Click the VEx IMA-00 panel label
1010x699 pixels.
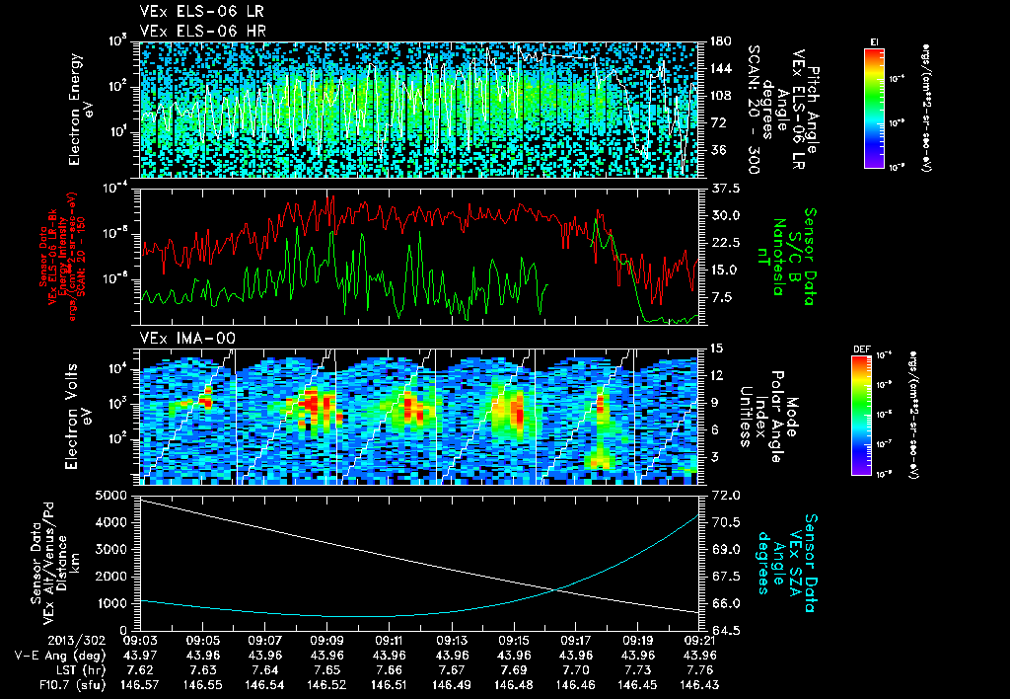tap(180, 339)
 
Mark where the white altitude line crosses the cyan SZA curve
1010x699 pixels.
tap(558, 589)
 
